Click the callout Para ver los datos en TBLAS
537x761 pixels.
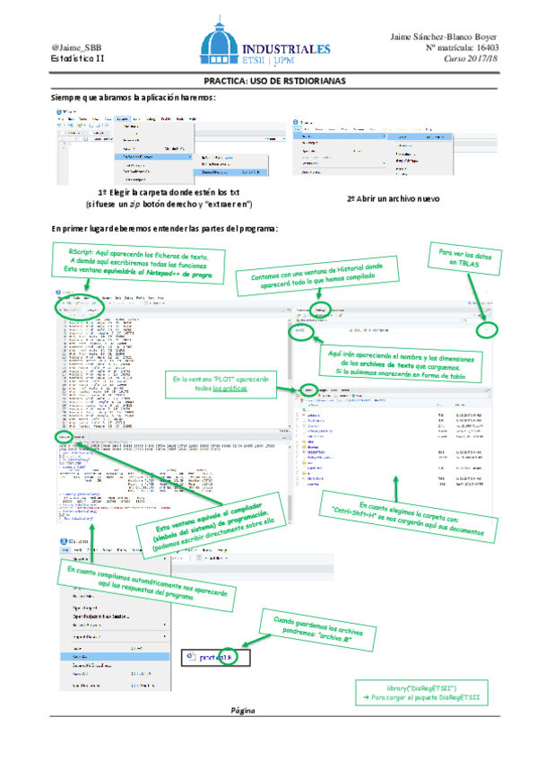click(x=461, y=261)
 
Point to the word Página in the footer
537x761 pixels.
click(x=243, y=710)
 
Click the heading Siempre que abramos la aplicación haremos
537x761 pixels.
click(x=134, y=97)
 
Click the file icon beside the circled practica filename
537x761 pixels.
click(x=191, y=657)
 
